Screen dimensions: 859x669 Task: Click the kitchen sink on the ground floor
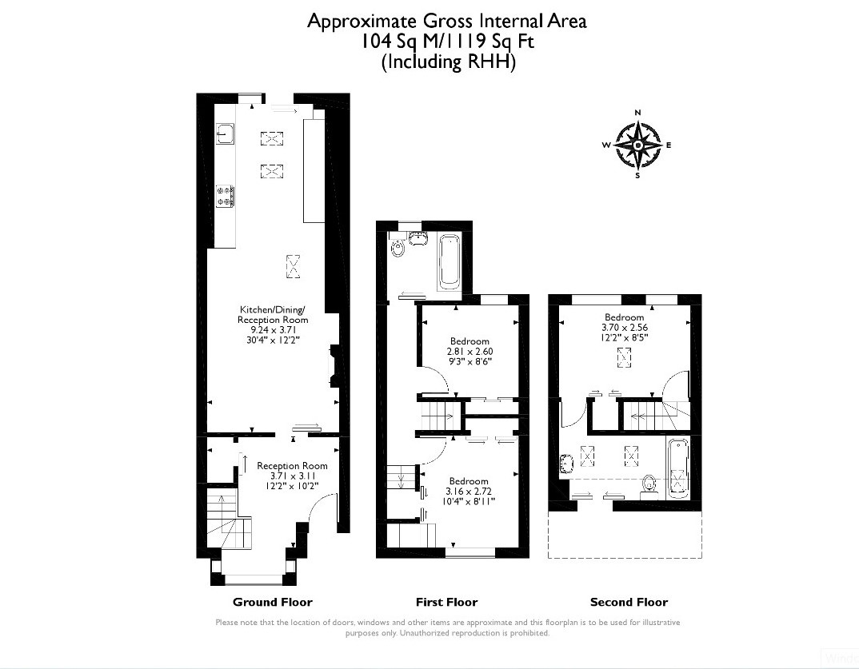click(x=226, y=133)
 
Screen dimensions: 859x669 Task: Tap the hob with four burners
click(x=226, y=196)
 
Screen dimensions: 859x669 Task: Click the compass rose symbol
click(x=637, y=145)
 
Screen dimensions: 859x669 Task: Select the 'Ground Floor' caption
click(x=272, y=602)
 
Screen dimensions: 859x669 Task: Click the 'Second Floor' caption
click(x=629, y=602)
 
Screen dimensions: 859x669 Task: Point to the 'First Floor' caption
click(x=446, y=602)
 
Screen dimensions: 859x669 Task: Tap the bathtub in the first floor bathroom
click(x=449, y=262)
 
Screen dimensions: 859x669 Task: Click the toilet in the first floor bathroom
click(x=398, y=247)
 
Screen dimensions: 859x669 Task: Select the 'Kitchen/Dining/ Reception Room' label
click(x=272, y=314)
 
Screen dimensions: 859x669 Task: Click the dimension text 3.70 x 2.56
click(x=625, y=328)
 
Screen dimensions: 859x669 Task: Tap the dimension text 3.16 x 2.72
click(x=469, y=491)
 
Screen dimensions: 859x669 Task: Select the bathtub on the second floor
click(x=678, y=468)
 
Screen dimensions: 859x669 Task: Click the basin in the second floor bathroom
click(x=566, y=463)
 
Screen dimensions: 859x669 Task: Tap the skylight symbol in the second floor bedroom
click(x=624, y=357)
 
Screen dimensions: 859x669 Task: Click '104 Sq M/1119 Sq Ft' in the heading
click(x=446, y=41)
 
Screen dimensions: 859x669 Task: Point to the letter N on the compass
click(x=637, y=112)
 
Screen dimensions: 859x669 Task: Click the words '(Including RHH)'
click(x=448, y=62)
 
